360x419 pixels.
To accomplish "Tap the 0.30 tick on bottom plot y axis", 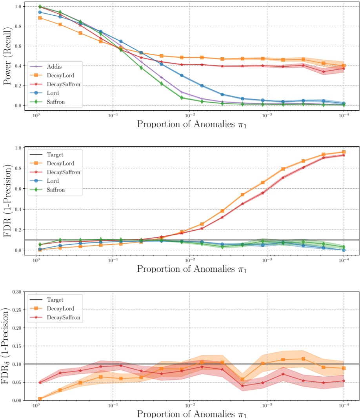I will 16,291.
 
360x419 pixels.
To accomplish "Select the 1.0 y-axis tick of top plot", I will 17,7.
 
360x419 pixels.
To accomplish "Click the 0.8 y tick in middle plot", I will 17,168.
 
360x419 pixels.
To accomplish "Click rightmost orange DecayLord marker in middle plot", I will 344,152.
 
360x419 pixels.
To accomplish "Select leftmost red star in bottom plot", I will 40,382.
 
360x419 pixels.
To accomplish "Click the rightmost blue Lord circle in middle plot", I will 344,250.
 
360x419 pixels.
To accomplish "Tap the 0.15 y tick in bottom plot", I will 16,346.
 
